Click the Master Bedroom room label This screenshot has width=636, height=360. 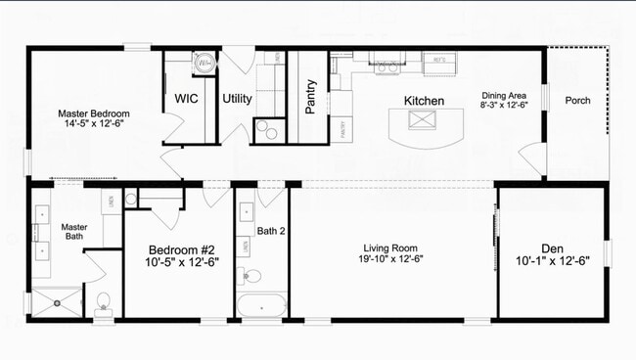94,113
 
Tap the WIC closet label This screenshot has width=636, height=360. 187,99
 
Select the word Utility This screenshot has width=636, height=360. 237,99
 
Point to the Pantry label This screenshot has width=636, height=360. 311,97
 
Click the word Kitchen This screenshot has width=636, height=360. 424,101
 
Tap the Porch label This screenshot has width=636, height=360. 577,100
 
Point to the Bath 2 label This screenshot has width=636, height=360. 270,232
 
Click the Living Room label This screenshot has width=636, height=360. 390,248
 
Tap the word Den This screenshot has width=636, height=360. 553,248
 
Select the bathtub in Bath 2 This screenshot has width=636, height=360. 261,305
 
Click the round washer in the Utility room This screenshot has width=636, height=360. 206,63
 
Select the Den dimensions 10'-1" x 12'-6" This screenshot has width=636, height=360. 553,261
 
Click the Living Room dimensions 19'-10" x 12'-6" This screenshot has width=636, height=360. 390,260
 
